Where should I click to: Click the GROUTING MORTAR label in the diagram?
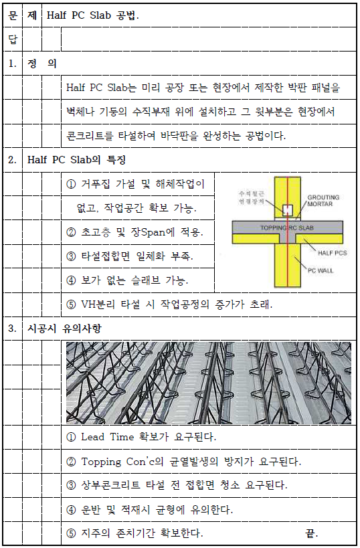coord(323,201)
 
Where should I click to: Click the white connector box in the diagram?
coord(287,210)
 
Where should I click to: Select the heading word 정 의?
coord(42,64)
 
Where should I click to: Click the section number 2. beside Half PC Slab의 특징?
coord(12,161)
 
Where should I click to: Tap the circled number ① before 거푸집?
coord(72,184)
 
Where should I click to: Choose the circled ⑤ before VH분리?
coord(72,304)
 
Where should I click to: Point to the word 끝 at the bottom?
coord(310,533)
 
